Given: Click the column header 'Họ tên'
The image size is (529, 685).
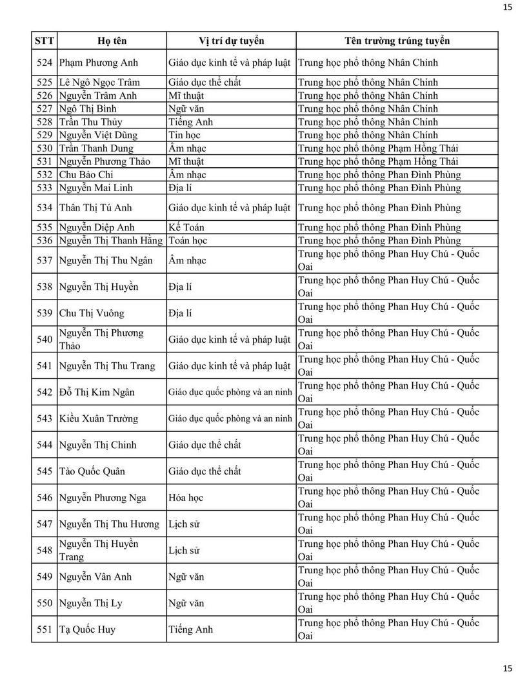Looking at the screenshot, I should pyautogui.click(x=112, y=41).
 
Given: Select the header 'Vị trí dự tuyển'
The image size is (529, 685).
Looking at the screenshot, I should pyautogui.click(x=231, y=41).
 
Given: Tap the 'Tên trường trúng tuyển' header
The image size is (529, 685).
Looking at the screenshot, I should pyautogui.click(x=397, y=41).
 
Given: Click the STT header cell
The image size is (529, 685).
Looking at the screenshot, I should pyautogui.click(x=45, y=41).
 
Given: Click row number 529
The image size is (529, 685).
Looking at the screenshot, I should pyautogui.click(x=45, y=135).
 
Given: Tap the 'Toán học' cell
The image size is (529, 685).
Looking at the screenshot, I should pyautogui.click(x=188, y=240).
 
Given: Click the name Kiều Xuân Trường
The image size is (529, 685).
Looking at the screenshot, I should pyautogui.click(x=98, y=418).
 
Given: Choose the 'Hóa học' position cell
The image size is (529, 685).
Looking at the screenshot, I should pyautogui.click(x=186, y=497).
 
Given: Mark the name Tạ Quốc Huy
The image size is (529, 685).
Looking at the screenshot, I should pyautogui.click(x=87, y=629).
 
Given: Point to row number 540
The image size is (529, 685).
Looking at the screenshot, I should pyautogui.click(x=45, y=340).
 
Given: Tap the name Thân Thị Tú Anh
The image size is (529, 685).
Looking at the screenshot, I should pyautogui.click(x=95, y=207).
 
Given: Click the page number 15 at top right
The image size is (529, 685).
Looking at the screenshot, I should pyautogui.click(x=507, y=7).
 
